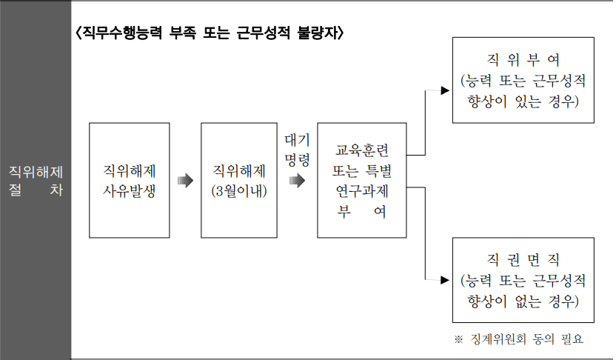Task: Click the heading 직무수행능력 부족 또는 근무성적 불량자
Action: pos(209,34)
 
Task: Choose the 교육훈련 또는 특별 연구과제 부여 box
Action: pos(362,180)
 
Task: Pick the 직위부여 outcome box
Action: pos(523,81)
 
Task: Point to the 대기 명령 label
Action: pos(297,148)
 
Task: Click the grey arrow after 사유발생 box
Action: pos(184,180)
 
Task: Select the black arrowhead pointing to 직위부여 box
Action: pos(445,91)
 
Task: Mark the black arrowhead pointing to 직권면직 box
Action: pos(445,279)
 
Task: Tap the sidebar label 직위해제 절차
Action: pos(36,180)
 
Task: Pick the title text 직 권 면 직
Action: pos(522,261)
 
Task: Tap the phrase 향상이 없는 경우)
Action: pos(523,301)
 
